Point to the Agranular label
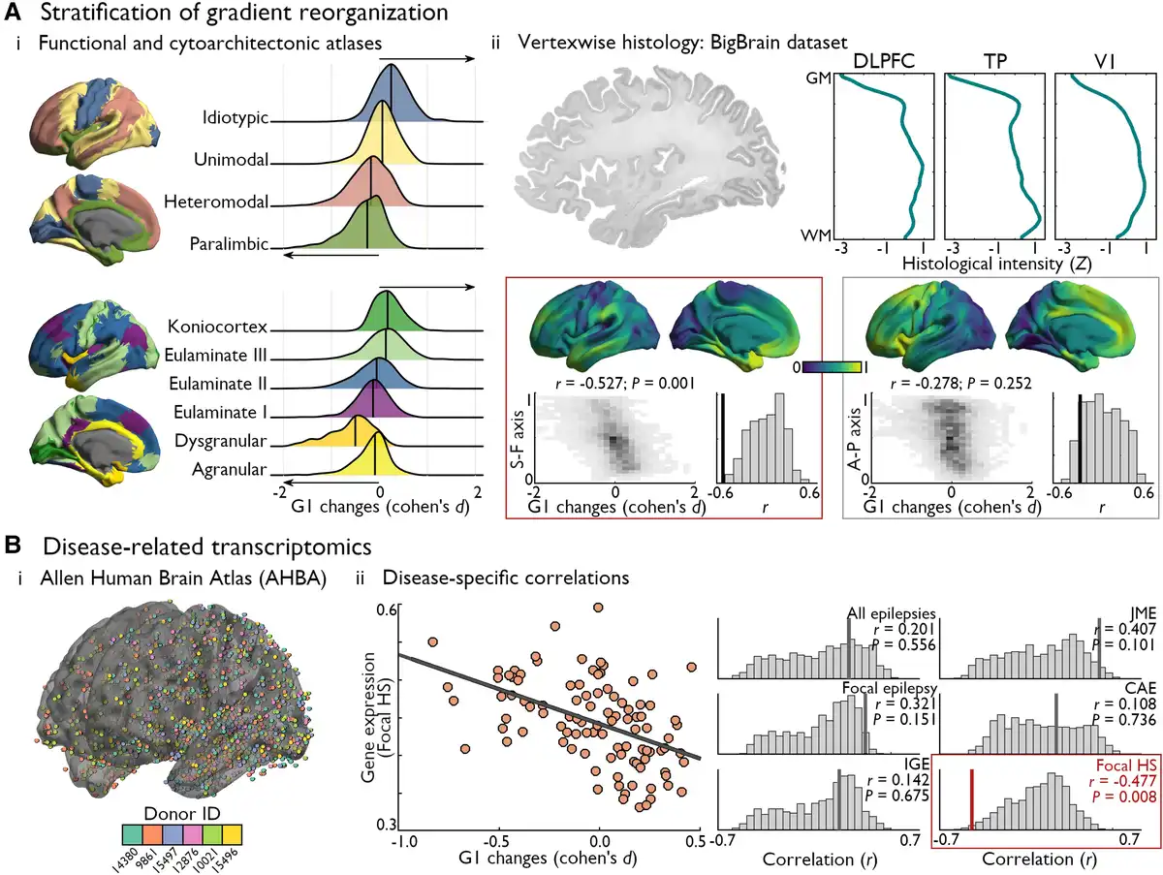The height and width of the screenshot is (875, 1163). coord(229,469)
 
